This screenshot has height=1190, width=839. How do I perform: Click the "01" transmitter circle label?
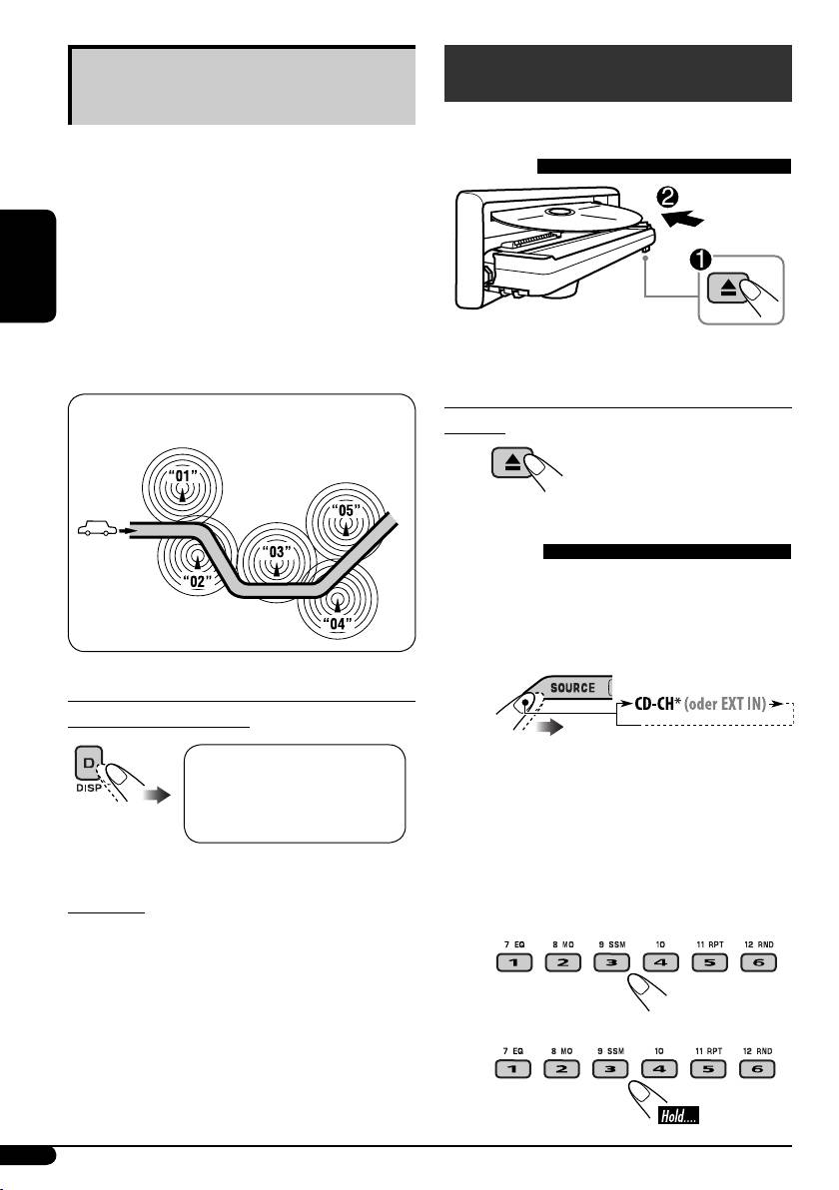[182, 475]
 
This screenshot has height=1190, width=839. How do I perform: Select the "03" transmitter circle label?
[276, 552]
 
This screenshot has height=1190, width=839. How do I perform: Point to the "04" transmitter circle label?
[339, 626]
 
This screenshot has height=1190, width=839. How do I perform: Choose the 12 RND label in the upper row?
[757, 941]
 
